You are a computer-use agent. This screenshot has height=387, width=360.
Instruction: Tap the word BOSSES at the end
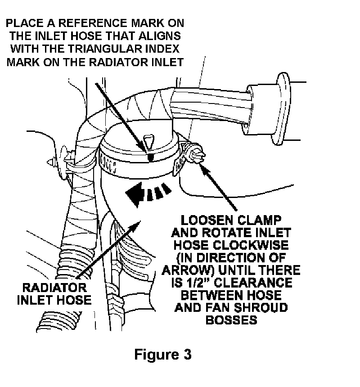point(231,320)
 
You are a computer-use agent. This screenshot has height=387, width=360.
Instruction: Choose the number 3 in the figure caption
point(186,355)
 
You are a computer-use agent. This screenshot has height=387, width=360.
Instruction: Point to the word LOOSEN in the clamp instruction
point(204,221)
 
